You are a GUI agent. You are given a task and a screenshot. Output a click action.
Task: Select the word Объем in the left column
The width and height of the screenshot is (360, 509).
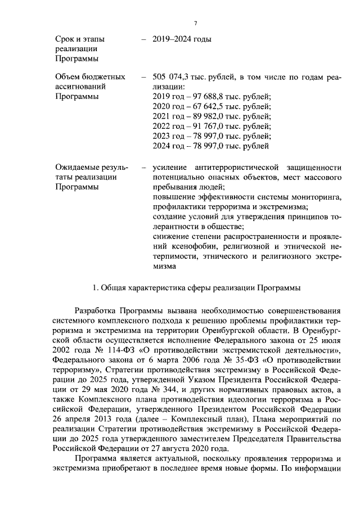(68, 76)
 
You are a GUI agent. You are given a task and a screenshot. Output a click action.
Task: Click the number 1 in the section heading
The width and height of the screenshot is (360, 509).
(94, 288)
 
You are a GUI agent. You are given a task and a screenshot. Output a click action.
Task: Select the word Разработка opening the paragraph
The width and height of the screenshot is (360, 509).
(94, 312)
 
